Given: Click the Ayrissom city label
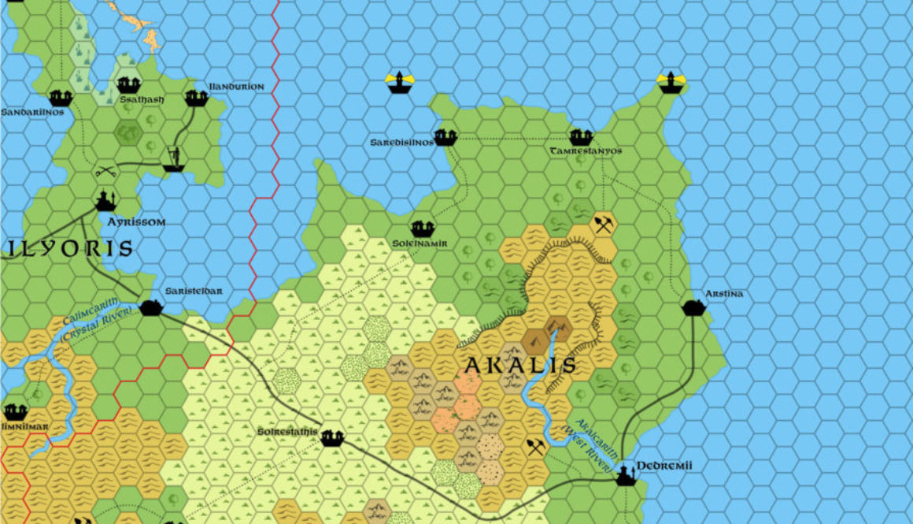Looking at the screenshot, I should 137,222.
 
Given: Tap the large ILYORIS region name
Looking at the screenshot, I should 71,249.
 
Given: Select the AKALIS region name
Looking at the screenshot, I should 519,366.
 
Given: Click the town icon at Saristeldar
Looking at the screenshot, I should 151,307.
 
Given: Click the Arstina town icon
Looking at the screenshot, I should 693,307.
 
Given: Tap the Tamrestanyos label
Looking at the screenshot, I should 586,151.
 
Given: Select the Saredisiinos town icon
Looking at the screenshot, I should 445,137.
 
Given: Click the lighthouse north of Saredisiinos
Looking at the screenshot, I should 401,81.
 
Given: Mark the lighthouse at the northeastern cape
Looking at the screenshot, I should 671,82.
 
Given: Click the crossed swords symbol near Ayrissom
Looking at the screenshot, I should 105,170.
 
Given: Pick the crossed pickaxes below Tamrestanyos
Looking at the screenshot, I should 604,225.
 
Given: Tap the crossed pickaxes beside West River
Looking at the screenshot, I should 537,448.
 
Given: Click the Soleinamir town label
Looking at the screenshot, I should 420,243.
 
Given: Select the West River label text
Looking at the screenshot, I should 594,446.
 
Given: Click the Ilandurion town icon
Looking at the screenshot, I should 196,98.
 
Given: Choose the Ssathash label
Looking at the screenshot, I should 142,100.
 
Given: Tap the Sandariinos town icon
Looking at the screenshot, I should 61,98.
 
